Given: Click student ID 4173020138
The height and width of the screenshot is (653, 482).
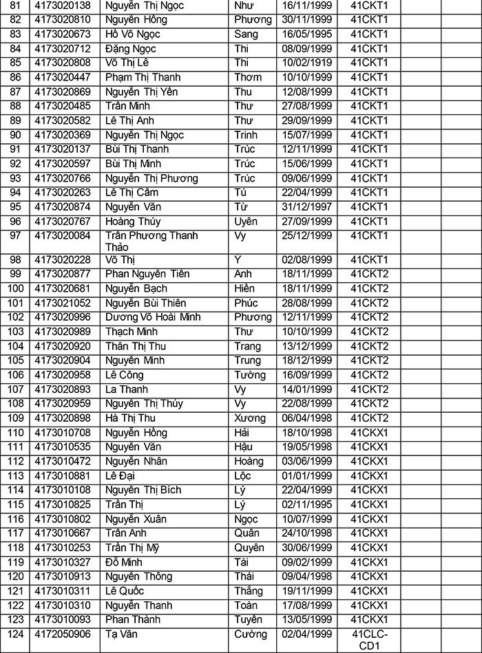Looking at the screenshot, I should [x=63, y=6].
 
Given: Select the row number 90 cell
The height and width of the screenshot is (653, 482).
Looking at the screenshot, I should [x=15, y=135].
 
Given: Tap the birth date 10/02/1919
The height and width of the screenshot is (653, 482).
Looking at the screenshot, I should [x=307, y=63].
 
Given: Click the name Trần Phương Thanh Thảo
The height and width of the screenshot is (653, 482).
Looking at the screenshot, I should [x=151, y=242].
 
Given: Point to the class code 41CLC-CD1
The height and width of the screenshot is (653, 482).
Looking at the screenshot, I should [x=370, y=640].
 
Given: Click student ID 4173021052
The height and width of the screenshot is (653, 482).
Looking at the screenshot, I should [x=63, y=303].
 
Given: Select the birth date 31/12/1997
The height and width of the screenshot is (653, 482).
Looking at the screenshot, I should [x=307, y=207].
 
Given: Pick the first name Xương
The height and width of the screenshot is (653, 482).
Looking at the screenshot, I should [x=250, y=418].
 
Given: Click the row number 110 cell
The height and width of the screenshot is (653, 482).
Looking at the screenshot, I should [x=15, y=433].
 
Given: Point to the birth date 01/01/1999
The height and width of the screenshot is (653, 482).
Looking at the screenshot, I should [x=307, y=476].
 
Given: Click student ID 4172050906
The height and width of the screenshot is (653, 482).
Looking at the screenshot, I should [x=63, y=634].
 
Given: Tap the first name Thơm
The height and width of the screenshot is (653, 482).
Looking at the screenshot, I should [x=248, y=77].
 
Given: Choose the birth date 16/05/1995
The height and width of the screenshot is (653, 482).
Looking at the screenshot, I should [x=307, y=34].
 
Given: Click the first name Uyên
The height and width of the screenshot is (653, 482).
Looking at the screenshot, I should [x=246, y=222].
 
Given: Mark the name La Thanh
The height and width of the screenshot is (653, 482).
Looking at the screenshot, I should [x=127, y=389].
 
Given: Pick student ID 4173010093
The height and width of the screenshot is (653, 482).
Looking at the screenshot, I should [x=63, y=620].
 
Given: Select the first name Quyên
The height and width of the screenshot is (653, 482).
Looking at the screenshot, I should [x=249, y=548].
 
